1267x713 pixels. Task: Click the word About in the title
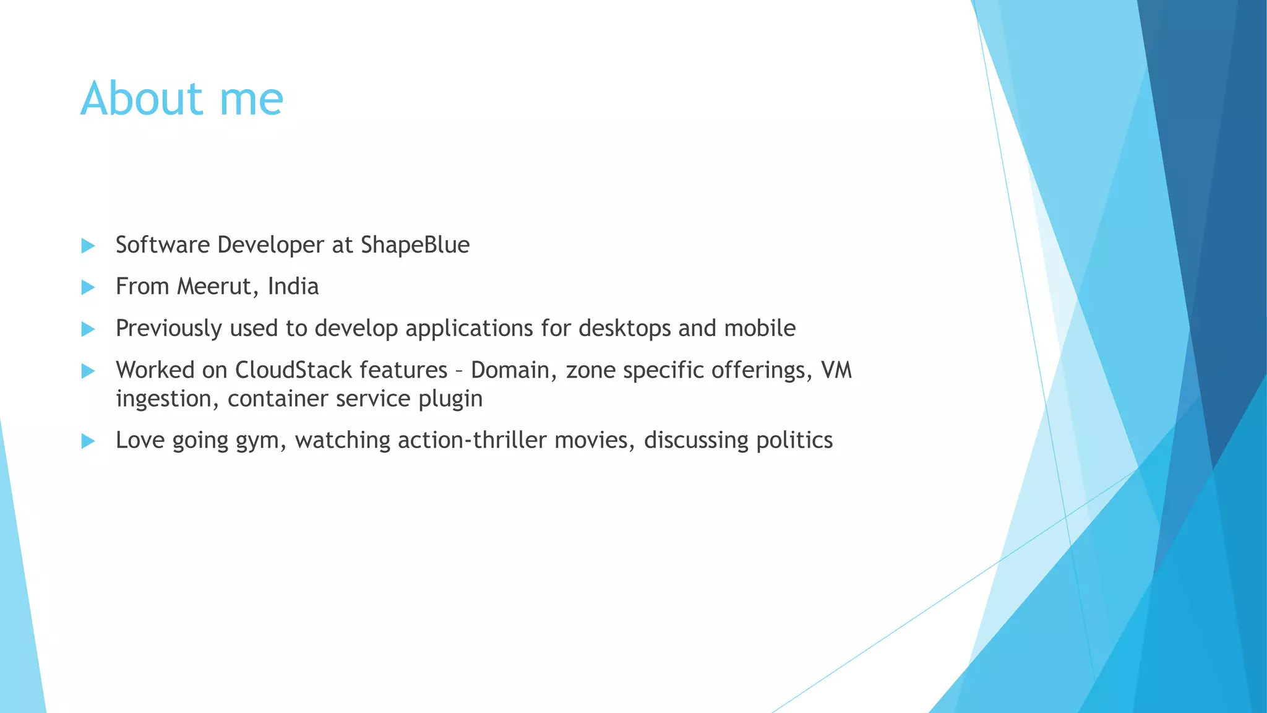[142, 98]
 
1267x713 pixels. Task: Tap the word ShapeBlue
[415, 245]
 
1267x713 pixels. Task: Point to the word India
[293, 287]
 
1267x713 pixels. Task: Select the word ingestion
[163, 399]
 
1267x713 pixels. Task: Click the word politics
[794, 440]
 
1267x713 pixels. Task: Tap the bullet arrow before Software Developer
[88, 246]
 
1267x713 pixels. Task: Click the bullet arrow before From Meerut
[88, 287]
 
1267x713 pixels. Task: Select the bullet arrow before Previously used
[88, 329]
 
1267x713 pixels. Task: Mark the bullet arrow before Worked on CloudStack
[88, 371]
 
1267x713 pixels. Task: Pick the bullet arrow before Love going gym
[88, 441]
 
